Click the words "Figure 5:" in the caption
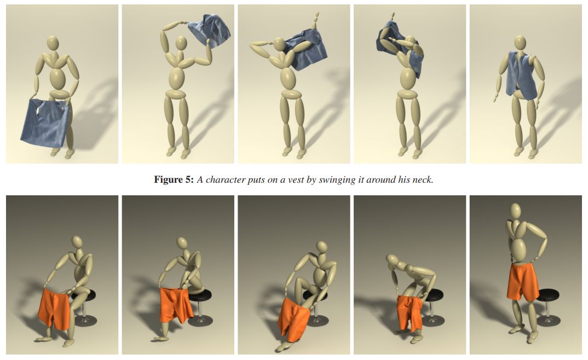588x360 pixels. point(174,179)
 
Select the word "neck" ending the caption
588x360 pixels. point(423,180)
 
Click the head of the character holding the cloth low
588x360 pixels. point(53,43)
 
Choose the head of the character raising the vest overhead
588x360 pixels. point(181,43)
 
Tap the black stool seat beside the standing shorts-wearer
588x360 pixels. point(548,294)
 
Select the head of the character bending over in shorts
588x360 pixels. point(393,260)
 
